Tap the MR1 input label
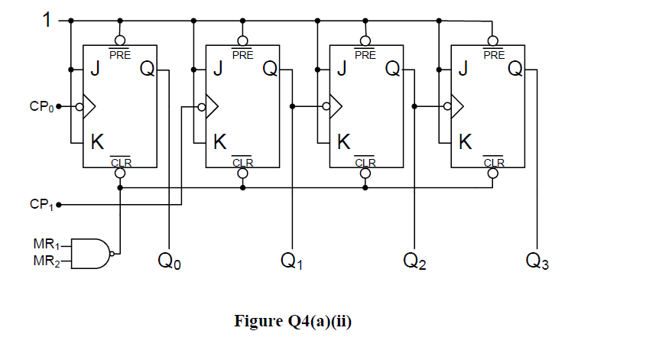(x=44, y=245)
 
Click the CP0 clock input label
(x=41, y=106)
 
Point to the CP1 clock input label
(x=41, y=205)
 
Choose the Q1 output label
(x=291, y=262)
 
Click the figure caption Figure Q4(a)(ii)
(x=293, y=321)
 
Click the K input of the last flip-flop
(x=465, y=142)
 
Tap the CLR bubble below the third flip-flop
(x=365, y=173)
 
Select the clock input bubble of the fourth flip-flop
(x=447, y=107)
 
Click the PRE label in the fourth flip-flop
(x=493, y=54)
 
